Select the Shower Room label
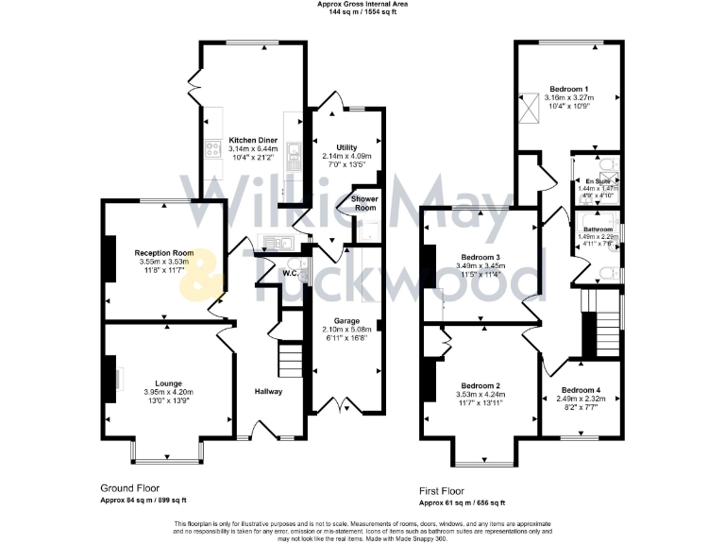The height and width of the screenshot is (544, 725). point(364,203)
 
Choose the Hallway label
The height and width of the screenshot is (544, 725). point(268,391)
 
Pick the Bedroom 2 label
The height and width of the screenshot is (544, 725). point(478,385)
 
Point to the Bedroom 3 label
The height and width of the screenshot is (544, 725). point(480,257)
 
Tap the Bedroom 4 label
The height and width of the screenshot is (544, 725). point(581,390)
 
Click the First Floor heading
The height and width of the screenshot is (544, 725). point(447,492)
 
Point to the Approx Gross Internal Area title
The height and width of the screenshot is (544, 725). point(363,5)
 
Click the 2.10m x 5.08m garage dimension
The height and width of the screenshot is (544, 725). point(346,329)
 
